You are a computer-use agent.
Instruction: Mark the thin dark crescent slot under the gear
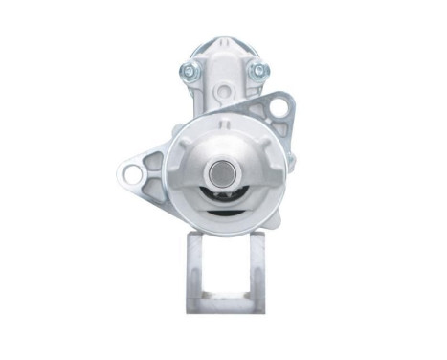click(x=223, y=212)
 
